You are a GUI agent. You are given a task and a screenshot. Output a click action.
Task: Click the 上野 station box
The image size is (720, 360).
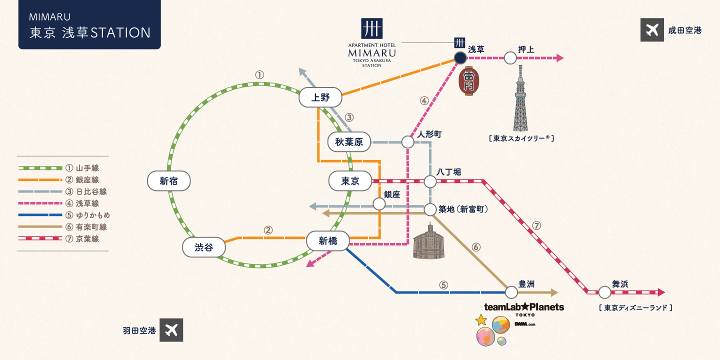click(x=320, y=97)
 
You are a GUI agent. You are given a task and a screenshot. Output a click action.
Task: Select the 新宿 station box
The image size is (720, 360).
click(x=169, y=181)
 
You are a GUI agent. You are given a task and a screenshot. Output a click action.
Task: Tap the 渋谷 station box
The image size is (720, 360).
click(x=203, y=247)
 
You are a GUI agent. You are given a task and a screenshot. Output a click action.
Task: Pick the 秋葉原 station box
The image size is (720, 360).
click(x=349, y=142)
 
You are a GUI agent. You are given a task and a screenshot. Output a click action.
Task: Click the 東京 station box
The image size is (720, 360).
click(x=350, y=181)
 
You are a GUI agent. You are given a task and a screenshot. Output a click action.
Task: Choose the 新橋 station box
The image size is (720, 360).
click(x=328, y=241)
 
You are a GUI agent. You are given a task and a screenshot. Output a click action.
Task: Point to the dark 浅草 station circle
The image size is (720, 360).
click(x=460, y=58)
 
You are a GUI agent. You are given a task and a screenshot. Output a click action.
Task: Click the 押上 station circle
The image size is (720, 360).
click(x=510, y=58)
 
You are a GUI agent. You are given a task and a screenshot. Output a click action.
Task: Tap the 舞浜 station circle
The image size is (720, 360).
click(x=605, y=292)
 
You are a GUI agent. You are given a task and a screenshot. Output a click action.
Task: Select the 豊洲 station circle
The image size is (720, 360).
click(x=511, y=292)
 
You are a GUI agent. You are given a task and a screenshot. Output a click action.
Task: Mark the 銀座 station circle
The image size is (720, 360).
click(x=379, y=204)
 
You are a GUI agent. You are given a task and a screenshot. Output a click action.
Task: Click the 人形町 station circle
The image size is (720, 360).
click(x=408, y=142)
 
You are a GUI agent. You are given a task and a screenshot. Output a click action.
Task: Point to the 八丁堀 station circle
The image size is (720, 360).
click(x=430, y=181)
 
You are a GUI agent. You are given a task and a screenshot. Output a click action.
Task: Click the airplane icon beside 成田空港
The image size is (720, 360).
click(x=652, y=30)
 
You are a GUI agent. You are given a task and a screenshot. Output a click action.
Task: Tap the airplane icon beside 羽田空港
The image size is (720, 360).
click(x=171, y=330)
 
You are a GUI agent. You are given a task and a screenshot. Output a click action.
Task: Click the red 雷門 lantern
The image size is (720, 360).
click(x=469, y=80)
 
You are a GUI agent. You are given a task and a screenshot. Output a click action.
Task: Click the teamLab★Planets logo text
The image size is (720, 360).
click(x=524, y=307)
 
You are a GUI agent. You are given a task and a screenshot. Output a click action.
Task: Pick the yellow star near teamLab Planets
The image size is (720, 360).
click(x=481, y=319)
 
